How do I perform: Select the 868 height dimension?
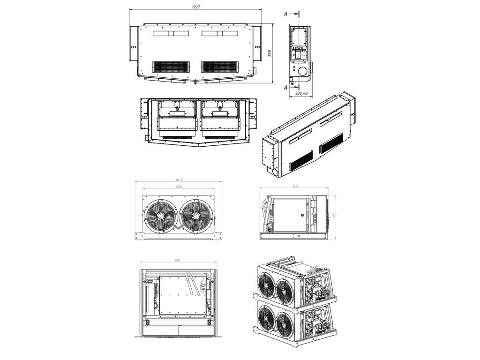[270, 53]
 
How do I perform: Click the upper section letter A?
[285, 14]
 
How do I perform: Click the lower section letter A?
[285, 87]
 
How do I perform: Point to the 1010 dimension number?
[178, 180]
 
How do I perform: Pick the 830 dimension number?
[179, 187]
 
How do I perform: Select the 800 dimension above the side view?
[295, 187]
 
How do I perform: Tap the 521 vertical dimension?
[335, 215]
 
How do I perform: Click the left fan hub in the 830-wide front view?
[161, 217]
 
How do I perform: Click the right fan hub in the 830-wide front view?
[195, 217]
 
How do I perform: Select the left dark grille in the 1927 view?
[171, 67]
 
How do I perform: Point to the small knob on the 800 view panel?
[303, 216]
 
